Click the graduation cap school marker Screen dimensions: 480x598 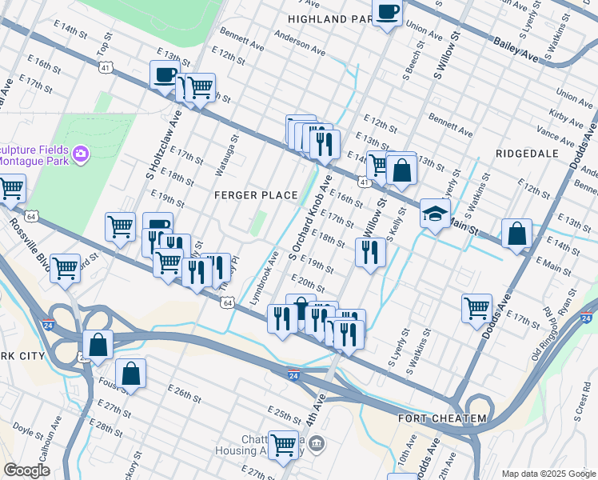[x=435, y=214]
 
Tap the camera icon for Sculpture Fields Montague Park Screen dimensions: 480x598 [x=80, y=154]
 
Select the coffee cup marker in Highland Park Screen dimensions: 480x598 [x=388, y=12]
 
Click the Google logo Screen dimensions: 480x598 [x=26, y=471]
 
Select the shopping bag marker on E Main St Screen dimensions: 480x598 [x=517, y=234]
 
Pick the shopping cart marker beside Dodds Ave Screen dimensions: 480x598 [x=476, y=306]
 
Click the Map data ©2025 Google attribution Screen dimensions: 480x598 [x=548, y=473]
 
